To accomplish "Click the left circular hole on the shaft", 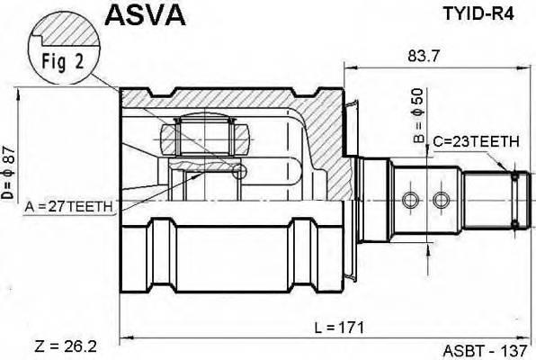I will pos(411,198).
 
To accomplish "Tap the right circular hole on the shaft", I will pos(441,198).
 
